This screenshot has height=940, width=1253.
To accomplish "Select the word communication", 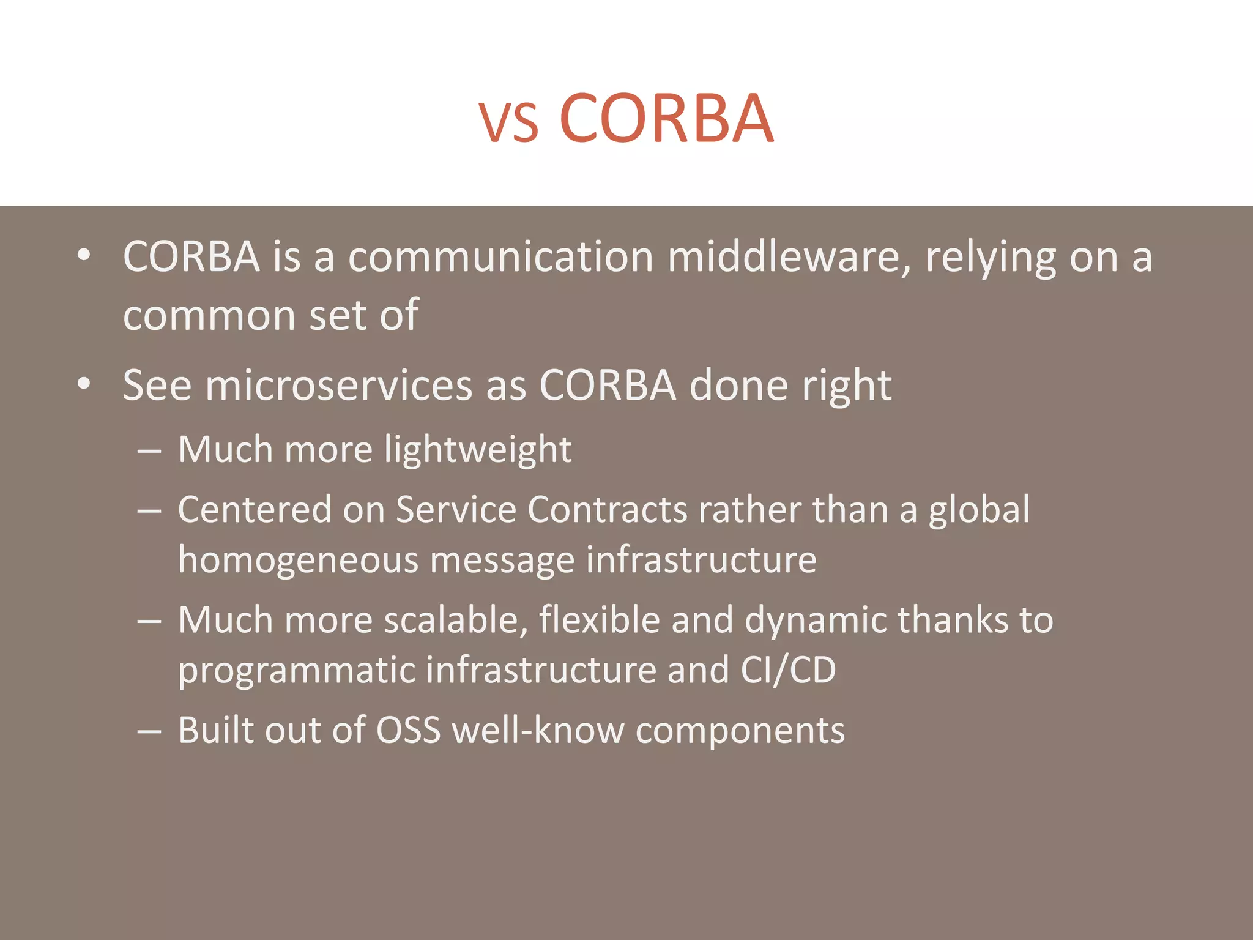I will tap(501, 257).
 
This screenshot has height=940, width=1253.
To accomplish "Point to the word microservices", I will tap(339, 386).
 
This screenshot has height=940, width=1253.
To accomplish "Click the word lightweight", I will tap(478, 450).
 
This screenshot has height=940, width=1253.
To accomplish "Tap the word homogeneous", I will tap(298, 560).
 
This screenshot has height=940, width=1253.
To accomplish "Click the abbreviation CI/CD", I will tap(788, 670).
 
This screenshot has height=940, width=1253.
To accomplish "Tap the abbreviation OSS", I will tap(408, 730).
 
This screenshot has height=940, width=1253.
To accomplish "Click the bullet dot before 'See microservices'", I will tap(84, 384).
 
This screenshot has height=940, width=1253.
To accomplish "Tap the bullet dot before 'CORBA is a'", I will tap(84, 255).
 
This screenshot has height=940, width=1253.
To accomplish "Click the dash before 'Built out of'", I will tap(149, 731).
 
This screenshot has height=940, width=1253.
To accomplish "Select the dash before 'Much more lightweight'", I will tap(149, 451).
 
